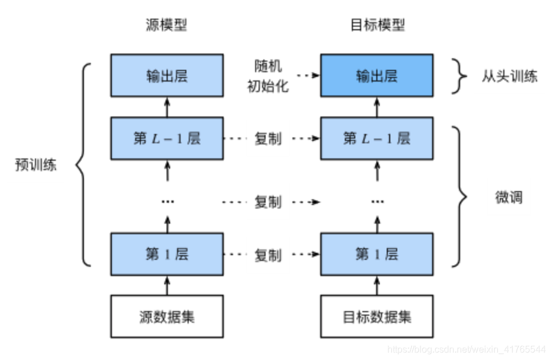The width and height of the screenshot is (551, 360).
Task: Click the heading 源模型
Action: [167, 25]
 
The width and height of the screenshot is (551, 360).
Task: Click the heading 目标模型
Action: [377, 25]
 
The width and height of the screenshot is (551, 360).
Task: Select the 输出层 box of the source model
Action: [167, 76]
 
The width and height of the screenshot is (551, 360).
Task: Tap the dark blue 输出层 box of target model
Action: [377, 76]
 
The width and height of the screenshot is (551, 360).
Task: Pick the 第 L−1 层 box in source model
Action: [167, 139]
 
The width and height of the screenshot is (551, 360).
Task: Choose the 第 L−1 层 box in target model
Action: [377, 139]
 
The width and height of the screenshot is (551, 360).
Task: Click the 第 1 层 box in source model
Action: [167, 255]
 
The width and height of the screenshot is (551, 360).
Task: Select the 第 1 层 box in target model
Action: [377, 255]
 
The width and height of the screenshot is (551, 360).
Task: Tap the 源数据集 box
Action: [167, 317]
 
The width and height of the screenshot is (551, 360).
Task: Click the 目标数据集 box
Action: [377, 317]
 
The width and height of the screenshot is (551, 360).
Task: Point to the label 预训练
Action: [36, 165]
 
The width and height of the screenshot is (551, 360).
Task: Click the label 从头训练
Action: [508, 76]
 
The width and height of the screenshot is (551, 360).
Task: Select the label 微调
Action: [508, 197]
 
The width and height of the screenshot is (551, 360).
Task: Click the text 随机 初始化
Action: [268, 76]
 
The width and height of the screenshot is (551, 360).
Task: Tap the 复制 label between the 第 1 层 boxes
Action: [268, 255]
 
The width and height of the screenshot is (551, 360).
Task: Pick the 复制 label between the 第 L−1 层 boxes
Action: [268, 139]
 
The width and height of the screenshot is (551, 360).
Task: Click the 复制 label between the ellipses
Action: [268, 202]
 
